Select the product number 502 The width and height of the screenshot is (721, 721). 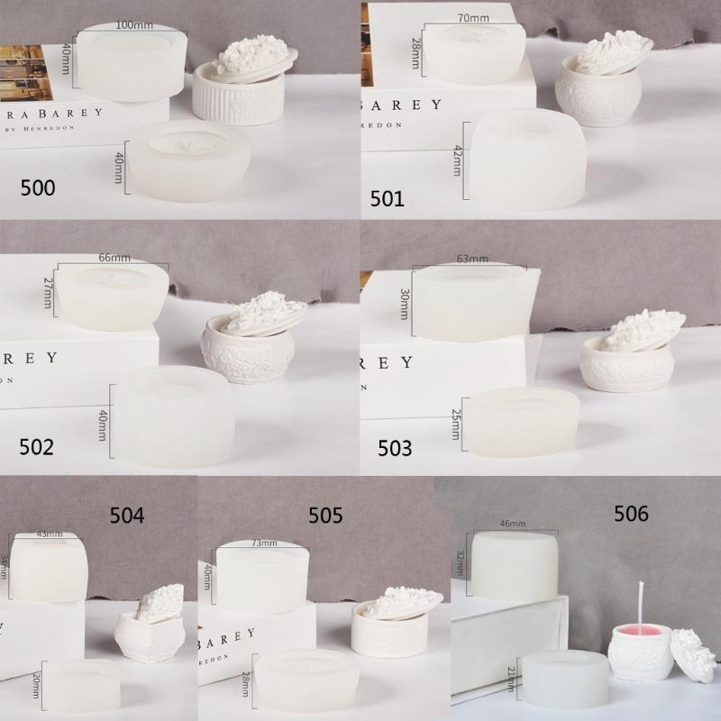click(36, 446)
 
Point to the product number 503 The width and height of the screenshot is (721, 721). click(395, 447)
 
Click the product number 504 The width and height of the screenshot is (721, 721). click(126, 516)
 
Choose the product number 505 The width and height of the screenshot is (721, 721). click(325, 516)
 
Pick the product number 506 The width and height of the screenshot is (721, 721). click(631, 514)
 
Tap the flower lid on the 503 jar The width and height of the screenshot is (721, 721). click(642, 330)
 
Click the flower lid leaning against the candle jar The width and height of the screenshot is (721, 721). click(694, 653)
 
